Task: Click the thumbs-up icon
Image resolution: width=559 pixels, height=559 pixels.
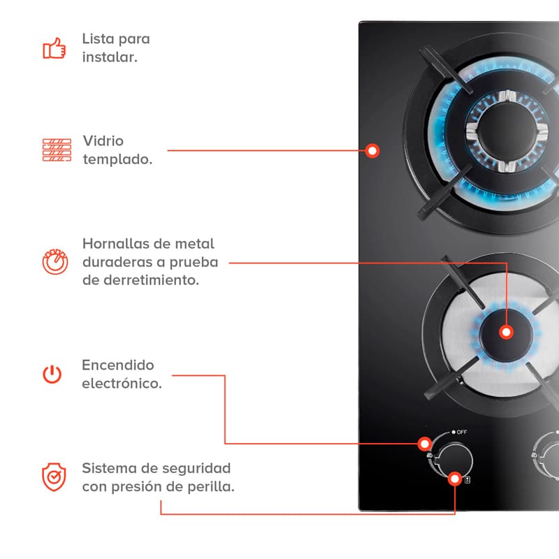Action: [x=54, y=48]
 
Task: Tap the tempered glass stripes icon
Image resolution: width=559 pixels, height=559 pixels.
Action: [x=57, y=150]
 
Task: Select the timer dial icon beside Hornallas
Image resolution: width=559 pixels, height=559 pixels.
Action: [x=55, y=261]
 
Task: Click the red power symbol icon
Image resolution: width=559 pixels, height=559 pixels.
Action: [x=52, y=375]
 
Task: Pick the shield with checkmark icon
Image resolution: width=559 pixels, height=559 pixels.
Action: [x=54, y=477]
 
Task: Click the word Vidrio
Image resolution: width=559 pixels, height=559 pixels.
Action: [x=103, y=141]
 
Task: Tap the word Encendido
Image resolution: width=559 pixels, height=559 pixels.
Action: [x=118, y=365]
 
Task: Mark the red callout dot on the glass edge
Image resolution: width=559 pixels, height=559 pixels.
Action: [x=373, y=150]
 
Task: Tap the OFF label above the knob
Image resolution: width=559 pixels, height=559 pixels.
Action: [x=462, y=433]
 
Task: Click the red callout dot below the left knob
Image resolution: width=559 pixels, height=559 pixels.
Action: [x=456, y=479]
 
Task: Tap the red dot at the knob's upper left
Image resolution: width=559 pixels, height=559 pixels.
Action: [x=424, y=443]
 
